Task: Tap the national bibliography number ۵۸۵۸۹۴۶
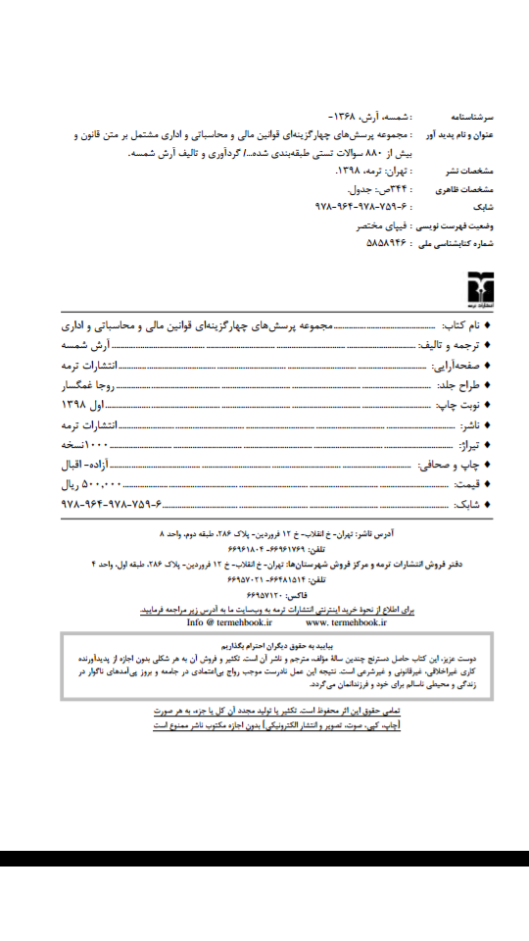pos(387,239)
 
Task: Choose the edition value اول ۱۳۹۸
pos(89,404)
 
